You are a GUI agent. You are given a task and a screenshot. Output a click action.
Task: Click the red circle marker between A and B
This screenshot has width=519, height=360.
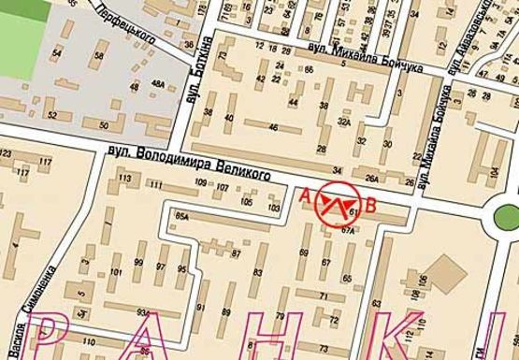pyautogui.click(x=336, y=202)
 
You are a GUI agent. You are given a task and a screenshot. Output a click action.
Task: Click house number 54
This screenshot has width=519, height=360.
pyautogui.click(x=57, y=54)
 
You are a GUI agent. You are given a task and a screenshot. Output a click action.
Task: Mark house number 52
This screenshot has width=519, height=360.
pyautogui.click(x=52, y=116)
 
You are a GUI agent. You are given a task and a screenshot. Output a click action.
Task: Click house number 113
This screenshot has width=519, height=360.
pyautogui.click(x=123, y=178)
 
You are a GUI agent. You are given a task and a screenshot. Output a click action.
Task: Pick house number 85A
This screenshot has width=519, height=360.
pyautogui.click(x=181, y=217)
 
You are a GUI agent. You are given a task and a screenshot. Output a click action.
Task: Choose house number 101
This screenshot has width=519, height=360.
pyautogui.click(x=116, y=273)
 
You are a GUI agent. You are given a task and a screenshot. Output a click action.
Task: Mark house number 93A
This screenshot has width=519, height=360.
pyautogui.click(x=143, y=313)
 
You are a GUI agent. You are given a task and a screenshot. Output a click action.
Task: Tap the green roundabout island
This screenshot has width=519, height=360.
pyautogui.click(x=506, y=222)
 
